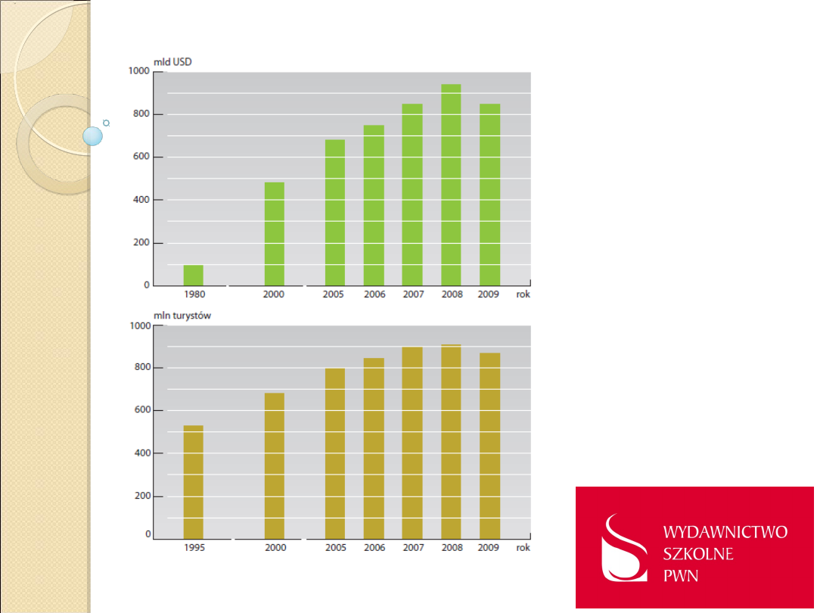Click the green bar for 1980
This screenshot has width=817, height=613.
tap(194, 275)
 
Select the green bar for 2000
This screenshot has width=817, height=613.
tap(275, 234)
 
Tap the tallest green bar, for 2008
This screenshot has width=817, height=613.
tap(451, 185)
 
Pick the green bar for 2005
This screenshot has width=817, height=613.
tap(335, 213)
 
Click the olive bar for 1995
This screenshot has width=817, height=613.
tap(194, 482)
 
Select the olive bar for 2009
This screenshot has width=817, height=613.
tap(489, 446)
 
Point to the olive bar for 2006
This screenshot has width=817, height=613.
tap(374, 448)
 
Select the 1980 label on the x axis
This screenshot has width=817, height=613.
tap(194, 294)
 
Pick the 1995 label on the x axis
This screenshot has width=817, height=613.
tap(194, 547)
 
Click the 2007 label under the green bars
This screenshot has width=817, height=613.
tap(412, 294)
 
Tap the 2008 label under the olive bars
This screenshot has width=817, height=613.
tap(451, 547)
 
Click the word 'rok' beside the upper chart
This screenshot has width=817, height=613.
tap(523, 294)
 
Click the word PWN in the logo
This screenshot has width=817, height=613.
tap(681, 576)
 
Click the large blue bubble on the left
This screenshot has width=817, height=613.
tap(92, 136)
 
